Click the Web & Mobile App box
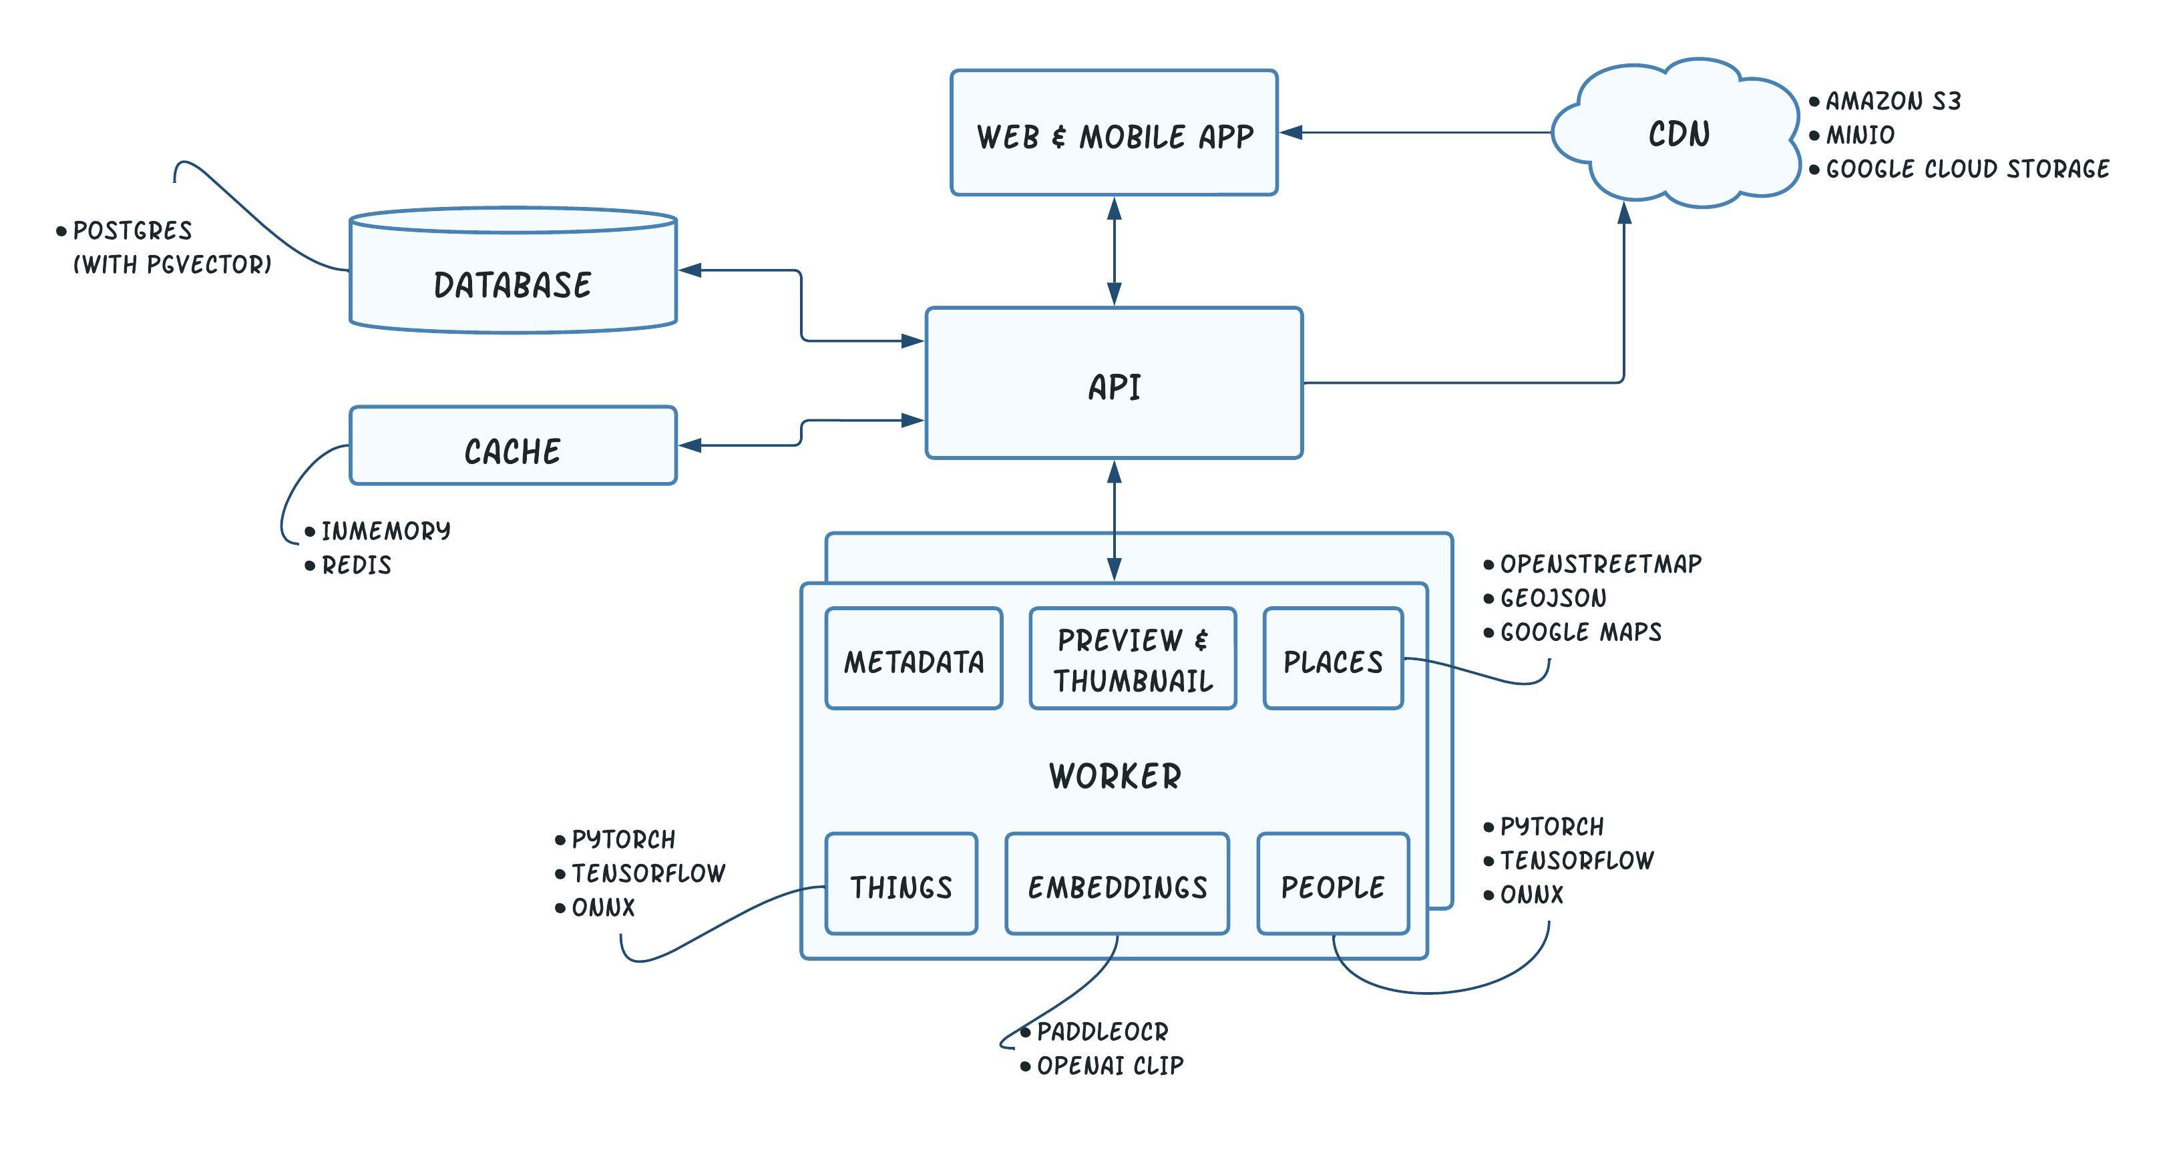pyautogui.click(x=1113, y=134)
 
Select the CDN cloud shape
pyautogui.click(x=1678, y=134)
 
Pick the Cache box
pyautogui.click(x=513, y=446)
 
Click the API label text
pyautogui.click(x=1114, y=387)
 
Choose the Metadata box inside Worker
pyautogui.click(x=914, y=659)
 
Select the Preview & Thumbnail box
pyautogui.click(x=1133, y=659)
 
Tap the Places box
pyautogui.click(x=1333, y=659)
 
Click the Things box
pyautogui.click(x=901, y=885)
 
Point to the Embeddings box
pyautogui.click(x=1117, y=885)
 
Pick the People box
pyautogui.click(x=1333, y=885)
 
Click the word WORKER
pyautogui.click(x=1115, y=776)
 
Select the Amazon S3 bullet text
pyautogui.click(x=1893, y=101)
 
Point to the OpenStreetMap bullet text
pyautogui.click(x=1601, y=564)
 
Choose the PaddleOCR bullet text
pyautogui.click(x=1103, y=1032)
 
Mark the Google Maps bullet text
pyautogui.click(x=1580, y=633)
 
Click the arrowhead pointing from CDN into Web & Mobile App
pyautogui.click(x=1292, y=132)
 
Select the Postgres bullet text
pyautogui.click(x=132, y=231)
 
